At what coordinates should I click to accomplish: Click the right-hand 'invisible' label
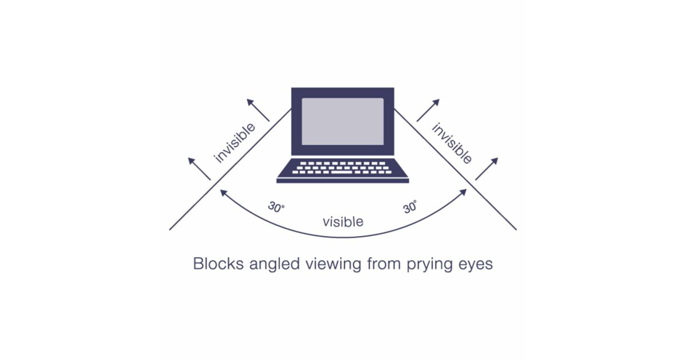click(452, 143)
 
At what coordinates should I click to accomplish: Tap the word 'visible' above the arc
click(343, 222)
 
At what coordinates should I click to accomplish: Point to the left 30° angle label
click(276, 207)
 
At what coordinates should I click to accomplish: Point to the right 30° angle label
click(410, 207)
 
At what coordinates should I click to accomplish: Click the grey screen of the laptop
click(343, 121)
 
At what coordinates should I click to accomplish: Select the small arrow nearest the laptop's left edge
click(258, 110)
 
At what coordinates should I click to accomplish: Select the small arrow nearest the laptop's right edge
click(428, 110)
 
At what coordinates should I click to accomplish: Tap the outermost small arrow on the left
click(200, 169)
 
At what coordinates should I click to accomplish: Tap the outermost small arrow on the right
click(486, 169)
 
